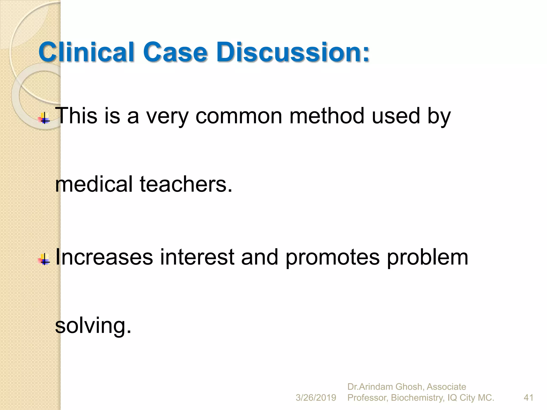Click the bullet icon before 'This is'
coord(44,118)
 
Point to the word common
coord(239,116)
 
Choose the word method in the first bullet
coord(327,116)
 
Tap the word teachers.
coord(186,184)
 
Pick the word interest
coord(197,257)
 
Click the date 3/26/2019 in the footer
coord(316,398)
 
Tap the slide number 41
coord(529,398)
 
